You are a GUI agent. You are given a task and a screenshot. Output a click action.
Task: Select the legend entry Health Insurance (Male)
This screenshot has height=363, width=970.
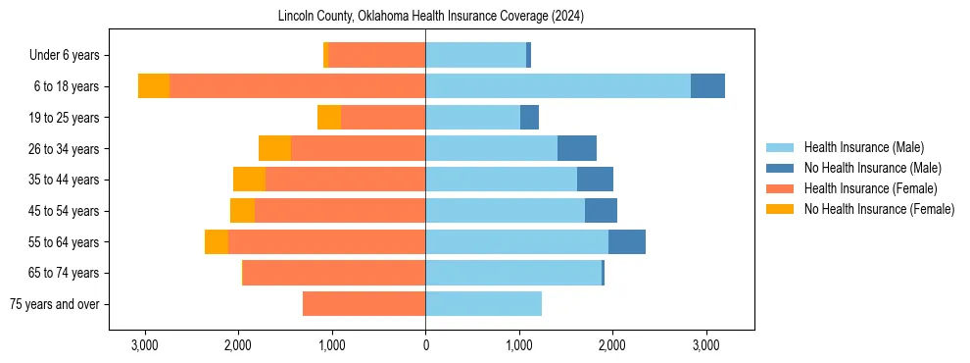tap(863, 147)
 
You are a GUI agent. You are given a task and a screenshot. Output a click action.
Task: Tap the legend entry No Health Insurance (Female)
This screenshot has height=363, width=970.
tap(878, 209)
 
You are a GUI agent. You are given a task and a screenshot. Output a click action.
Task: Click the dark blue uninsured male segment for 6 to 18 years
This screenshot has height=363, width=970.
tap(707, 86)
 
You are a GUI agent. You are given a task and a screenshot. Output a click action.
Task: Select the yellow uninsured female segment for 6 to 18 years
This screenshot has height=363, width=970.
tap(154, 86)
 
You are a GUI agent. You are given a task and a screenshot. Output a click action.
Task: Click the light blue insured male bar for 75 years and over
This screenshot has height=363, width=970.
tap(483, 304)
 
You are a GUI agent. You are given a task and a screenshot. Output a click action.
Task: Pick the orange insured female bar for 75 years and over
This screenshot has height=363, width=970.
tap(364, 304)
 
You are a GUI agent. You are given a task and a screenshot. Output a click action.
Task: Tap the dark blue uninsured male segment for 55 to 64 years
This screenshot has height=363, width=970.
tap(627, 242)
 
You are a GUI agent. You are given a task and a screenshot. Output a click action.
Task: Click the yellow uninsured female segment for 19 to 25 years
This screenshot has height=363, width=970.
tap(329, 118)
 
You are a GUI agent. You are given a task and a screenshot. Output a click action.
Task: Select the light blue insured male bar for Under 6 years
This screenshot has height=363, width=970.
tap(475, 56)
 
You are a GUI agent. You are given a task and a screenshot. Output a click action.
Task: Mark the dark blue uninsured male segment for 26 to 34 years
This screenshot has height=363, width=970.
tap(577, 149)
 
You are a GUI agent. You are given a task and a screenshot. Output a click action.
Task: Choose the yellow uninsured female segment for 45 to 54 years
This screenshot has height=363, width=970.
tap(242, 211)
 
